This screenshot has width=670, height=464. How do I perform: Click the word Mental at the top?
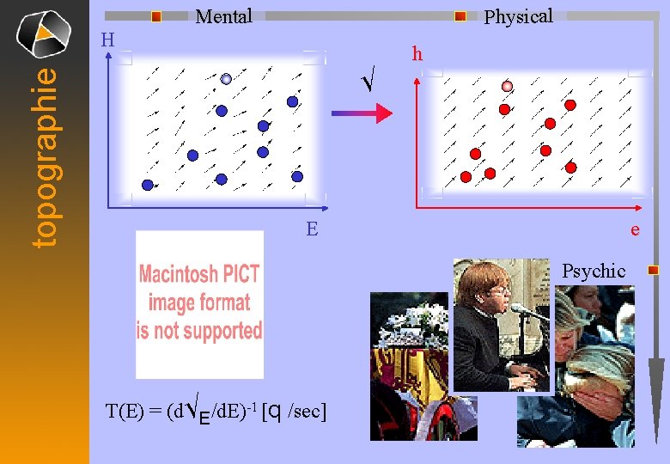[223, 16]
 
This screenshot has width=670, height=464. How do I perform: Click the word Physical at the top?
[518, 16]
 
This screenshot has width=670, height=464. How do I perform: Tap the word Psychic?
[594, 271]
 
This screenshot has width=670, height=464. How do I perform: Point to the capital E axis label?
[312, 229]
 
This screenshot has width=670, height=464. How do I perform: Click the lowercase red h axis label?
[417, 54]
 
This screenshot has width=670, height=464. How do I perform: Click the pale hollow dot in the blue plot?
[226, 79]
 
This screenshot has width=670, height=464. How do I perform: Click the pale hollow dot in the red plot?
[507, 86]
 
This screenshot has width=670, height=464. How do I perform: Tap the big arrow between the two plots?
[361, 113]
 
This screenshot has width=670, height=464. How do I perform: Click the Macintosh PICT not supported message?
[200, 302]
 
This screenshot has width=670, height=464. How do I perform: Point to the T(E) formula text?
[215, 411]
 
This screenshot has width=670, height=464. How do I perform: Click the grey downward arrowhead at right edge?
[655, 387]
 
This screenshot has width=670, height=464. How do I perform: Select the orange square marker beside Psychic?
[653, 270]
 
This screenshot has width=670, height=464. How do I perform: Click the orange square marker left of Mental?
[155, 16]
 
